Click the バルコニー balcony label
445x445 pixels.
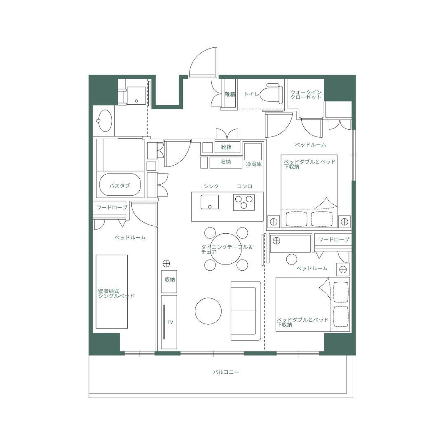coord(226,372)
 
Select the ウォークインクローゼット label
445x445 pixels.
coord(306,95)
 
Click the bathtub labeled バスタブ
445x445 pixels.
coord(120,185)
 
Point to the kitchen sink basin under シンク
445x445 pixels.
coord(210,202)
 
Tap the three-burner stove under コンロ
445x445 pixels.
coord(244,202)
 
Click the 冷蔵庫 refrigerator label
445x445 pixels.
coord(254,164)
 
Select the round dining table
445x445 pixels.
coord(226,248)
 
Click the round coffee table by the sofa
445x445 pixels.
coord(208,311)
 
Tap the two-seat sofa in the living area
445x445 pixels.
coord(246,311)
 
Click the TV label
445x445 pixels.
coord(170,322)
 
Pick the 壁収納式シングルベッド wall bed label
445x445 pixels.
coord(116,294)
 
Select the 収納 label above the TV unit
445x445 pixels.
coord(170,279)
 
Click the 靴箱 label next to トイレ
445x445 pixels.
coord(230,94)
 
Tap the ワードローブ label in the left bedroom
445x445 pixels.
coord(112,207)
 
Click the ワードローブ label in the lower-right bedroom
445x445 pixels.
coord(333,239)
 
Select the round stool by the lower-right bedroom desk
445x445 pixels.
coord(291,259)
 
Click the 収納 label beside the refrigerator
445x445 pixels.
coord(226,162)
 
